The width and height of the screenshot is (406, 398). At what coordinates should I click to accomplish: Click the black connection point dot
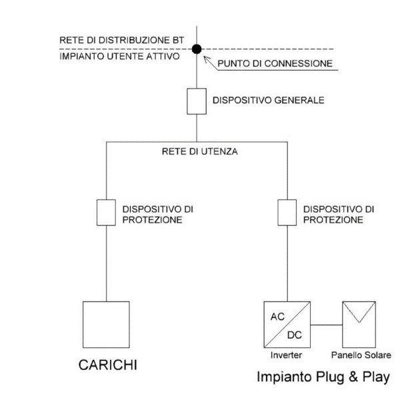point(196,49)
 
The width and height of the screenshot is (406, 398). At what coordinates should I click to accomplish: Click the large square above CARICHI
point(106,324)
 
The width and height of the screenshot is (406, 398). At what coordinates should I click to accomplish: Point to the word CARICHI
point(107,366)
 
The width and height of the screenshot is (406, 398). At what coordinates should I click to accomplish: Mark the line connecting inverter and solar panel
point(327,325)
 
